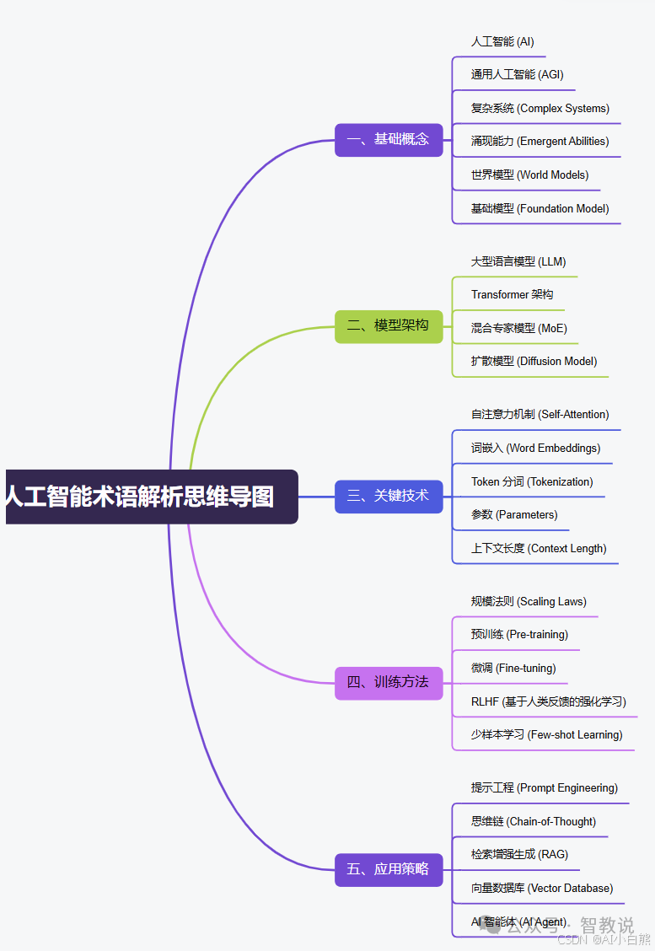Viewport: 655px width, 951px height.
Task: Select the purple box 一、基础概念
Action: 389,140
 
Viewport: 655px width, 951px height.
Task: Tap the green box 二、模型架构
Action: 389,325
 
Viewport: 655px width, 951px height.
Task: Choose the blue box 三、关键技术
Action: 389,497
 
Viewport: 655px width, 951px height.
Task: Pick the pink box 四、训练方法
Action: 389,682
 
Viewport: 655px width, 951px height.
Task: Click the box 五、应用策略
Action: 389,869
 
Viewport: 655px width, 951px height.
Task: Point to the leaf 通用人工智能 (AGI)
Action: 517,74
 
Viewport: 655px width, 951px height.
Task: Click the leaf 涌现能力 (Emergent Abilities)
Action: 540,141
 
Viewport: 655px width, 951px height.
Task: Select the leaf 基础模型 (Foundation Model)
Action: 540,208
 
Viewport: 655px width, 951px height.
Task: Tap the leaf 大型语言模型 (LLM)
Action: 518,261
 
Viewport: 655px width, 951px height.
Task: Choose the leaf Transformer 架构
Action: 513,294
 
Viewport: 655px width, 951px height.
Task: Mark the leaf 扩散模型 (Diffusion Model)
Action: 534,361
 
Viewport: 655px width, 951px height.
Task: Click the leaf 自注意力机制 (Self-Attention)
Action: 540,414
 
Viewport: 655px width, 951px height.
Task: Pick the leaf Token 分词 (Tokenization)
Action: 532,481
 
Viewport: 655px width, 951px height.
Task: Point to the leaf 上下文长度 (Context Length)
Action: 539,548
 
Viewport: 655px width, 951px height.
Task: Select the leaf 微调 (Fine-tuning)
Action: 513,668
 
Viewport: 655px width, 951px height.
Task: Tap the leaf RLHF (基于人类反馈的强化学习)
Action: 549,701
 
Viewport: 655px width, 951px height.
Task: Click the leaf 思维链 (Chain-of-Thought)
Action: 534,821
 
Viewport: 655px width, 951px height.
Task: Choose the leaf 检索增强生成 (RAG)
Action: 519,854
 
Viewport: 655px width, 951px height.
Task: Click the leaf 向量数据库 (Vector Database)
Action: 542,888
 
